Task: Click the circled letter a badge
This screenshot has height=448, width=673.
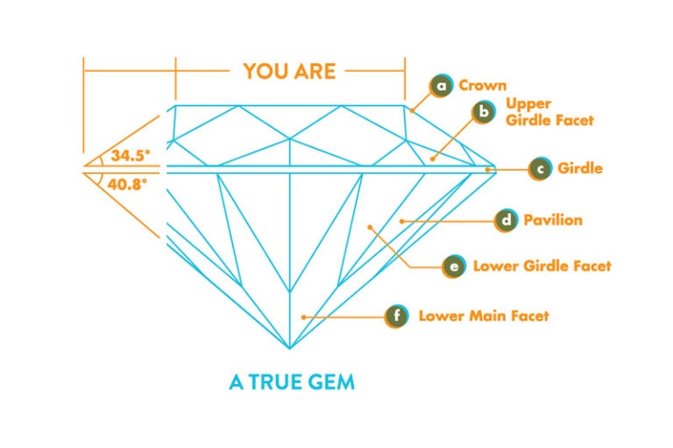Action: (442, 86)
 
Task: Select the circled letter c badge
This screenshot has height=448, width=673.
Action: (541, 168)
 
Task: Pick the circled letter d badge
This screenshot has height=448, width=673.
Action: (506, 220)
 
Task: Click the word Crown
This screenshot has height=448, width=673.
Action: (482, 86)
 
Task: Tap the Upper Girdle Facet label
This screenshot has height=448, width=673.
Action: (549, 112)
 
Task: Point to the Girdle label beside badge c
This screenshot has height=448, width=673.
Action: (580, 168)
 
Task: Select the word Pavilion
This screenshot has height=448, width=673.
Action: (552, 220)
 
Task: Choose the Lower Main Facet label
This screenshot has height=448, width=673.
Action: (484, 315)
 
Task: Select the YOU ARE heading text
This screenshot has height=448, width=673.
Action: (289, 71)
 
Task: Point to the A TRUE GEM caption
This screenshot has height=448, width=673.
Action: (292, 382)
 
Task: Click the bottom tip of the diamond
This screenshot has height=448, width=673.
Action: (290, 349)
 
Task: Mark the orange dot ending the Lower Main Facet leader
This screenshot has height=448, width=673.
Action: (303, 315)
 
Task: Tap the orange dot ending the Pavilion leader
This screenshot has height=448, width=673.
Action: (402, 220)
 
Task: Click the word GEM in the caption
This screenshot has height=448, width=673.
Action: (333, 382)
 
